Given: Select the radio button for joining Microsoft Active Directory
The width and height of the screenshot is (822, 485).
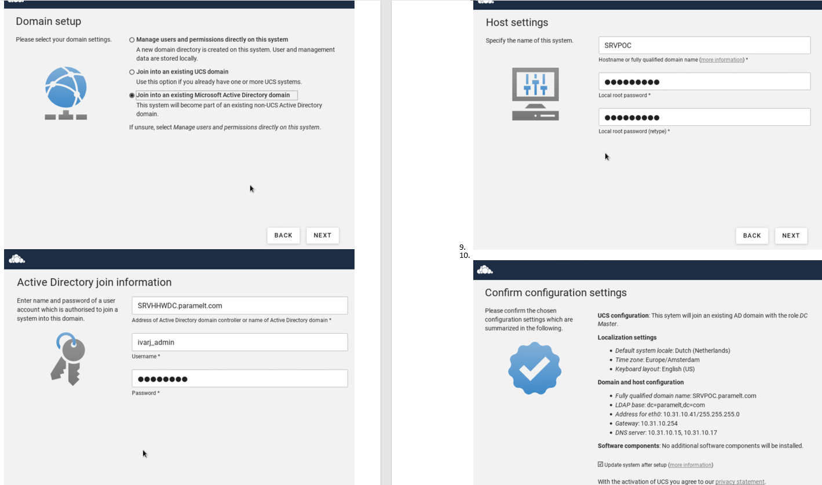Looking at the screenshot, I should (132, 96).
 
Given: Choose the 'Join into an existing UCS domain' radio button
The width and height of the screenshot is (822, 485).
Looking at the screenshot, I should (132, 72).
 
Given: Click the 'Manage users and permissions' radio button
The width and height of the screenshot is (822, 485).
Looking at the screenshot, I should (132, 40).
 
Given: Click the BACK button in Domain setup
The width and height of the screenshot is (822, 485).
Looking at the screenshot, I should (283, 235).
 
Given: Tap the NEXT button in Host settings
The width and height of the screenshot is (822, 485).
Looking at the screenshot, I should (791, 236).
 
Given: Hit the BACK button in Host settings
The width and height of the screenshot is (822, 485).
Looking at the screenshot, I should (752, 236).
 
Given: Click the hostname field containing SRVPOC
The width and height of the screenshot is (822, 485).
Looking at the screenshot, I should (704, 45).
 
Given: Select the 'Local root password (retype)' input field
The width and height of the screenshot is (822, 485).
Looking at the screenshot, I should (704, 117).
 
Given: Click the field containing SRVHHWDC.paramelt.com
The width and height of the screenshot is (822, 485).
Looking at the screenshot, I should (239, 305).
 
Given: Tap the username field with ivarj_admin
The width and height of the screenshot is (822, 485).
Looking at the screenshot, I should (239, 342).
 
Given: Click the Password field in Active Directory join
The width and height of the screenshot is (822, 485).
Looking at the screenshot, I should (239, 379).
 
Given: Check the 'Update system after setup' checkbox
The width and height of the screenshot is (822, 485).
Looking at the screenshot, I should (600, 465).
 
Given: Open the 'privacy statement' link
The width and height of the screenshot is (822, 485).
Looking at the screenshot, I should (740, 482).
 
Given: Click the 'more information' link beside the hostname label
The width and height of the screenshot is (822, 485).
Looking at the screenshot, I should (721, 60).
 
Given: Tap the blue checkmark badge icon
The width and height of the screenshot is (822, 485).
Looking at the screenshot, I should (534, 369).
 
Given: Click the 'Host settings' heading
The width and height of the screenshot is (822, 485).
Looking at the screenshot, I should (517, 23).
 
